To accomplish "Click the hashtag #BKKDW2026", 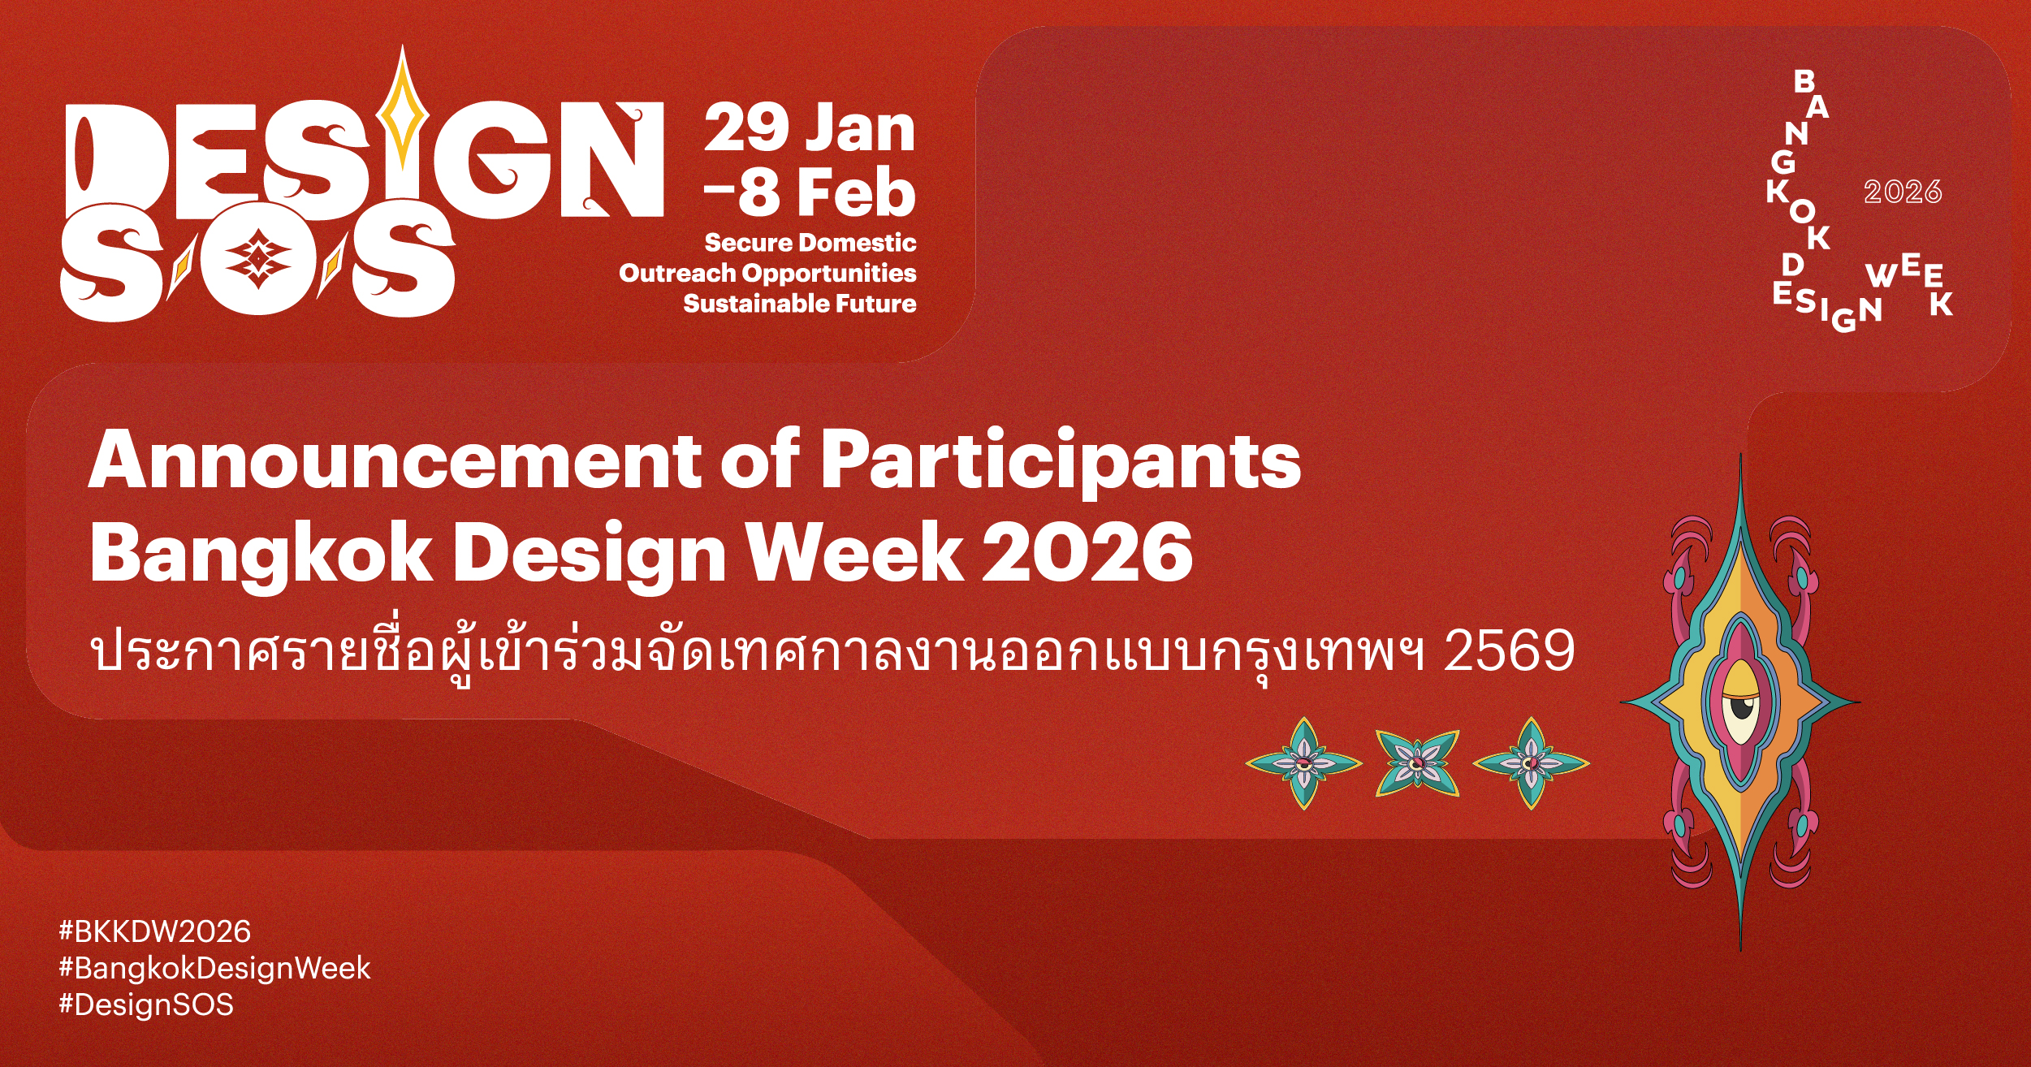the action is (x=155, y=931).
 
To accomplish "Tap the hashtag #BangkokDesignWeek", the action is (x=214, y=969).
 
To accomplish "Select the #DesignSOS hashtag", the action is (x=146, y=1005).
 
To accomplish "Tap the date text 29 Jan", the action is (x=810, y=128).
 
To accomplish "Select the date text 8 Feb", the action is (x=826, y=192).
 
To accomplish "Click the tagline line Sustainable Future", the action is (x=800, y=304).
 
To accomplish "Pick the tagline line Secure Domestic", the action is (x=810, y=242).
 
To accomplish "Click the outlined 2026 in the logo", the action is (x=1902, y=192).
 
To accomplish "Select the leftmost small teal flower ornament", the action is (x=1303, y=763).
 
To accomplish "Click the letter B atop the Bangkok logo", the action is (x=1804, y=81).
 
